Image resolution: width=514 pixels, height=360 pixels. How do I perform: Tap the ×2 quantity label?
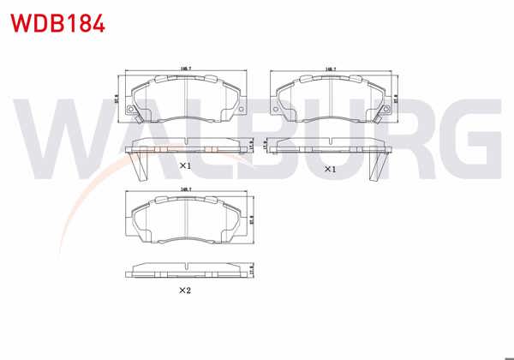(183, 291)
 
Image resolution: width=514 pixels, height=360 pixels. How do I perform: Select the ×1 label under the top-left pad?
(183, 165)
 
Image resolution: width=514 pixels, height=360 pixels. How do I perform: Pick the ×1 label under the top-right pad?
(328, 170)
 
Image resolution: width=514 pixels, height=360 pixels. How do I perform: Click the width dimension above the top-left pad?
(185, 68)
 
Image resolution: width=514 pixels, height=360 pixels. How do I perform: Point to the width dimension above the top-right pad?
(330, 68)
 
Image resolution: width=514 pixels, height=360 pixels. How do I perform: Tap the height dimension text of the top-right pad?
(397, 99)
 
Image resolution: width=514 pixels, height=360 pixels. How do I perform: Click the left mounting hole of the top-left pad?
(131, 109)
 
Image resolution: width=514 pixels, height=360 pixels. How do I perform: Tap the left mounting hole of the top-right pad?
(276, 109)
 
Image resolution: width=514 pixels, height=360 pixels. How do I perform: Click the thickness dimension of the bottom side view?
(253, 273)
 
